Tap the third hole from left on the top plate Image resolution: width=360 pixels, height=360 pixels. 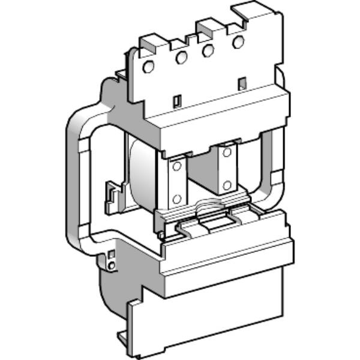pos(208,50)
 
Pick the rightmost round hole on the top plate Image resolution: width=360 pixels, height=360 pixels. pos(238,42)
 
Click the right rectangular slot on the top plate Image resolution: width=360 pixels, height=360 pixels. pos(242,82)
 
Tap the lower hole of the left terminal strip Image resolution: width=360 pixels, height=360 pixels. pos(176,198)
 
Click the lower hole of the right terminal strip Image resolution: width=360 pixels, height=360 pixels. pos(227,184)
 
